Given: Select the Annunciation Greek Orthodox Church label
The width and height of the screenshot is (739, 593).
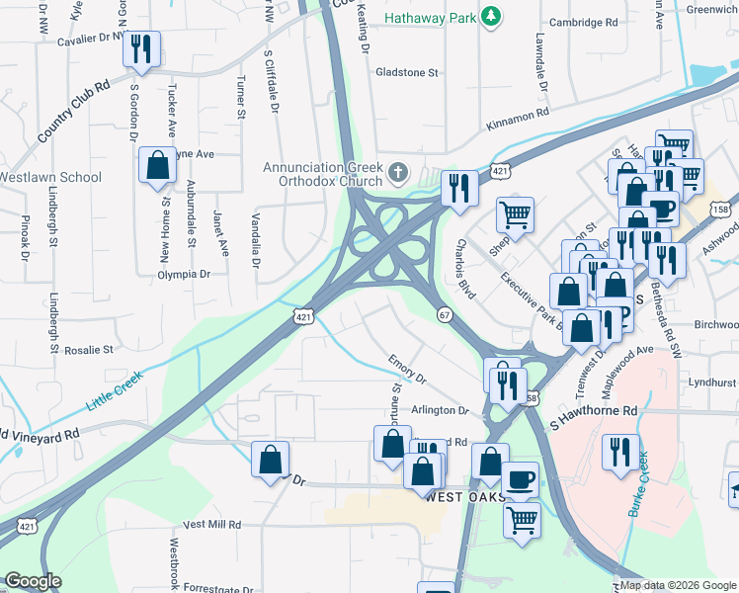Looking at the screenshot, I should [322, 174].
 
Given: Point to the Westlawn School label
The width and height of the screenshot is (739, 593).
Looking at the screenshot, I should [50, 178].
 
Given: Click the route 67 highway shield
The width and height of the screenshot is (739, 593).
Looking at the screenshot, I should [445, 314].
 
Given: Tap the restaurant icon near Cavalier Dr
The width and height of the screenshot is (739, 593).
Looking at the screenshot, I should [141, 48].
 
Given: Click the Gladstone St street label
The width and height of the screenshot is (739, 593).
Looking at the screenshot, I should [407, 72].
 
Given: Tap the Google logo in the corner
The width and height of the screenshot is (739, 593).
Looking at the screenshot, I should [33, 581].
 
